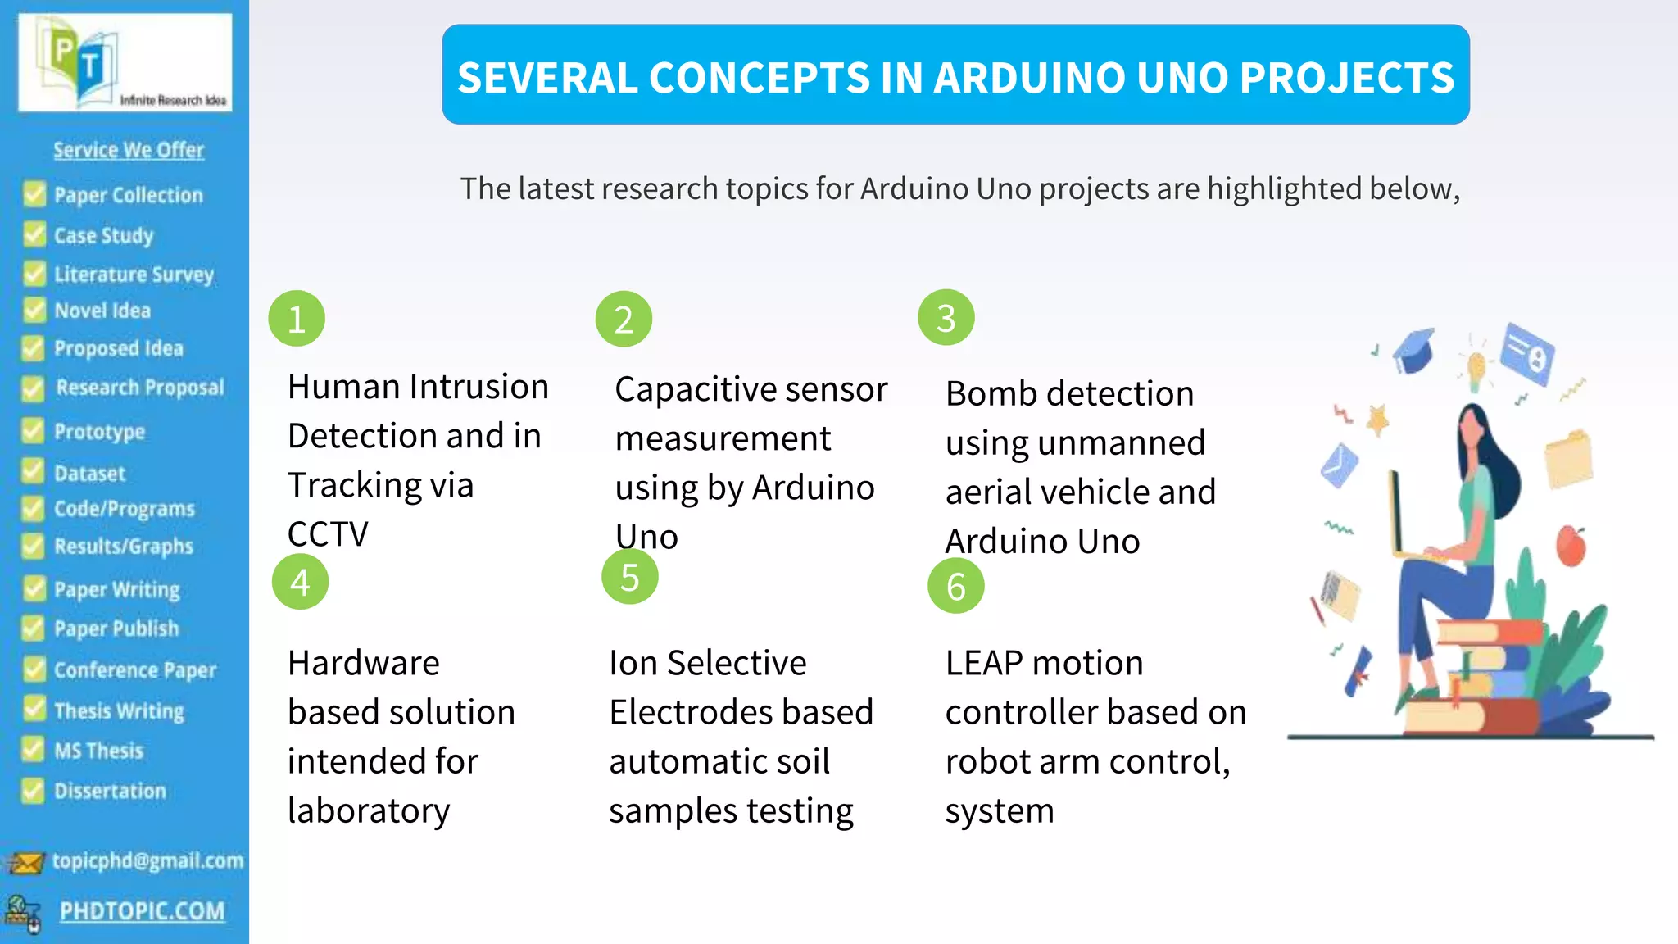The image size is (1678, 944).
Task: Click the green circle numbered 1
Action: tap(297, 319)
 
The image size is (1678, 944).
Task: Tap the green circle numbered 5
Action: tap(629, 577)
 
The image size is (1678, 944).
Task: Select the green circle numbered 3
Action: tap(946, 318)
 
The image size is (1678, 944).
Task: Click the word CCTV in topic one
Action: tap(328, 534)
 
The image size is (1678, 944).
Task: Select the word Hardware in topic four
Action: tap(364, 663)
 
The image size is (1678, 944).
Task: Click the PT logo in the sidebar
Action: tap(82, 61)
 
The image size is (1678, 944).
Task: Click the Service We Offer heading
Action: tap(129, 150)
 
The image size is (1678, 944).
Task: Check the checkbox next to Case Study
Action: tap(34, 235)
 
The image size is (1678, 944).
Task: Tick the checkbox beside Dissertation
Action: tap(33, 791)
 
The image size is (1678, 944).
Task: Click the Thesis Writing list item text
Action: tap(119, 710)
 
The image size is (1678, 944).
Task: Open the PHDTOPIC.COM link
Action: tap(142, 911)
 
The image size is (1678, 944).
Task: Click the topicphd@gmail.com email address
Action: tap(147, 860)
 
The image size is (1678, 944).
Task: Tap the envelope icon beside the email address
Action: tap(25, 863)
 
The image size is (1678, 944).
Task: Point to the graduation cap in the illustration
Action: tap(1414, 351)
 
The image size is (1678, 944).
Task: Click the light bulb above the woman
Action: tap(1476, 368)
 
